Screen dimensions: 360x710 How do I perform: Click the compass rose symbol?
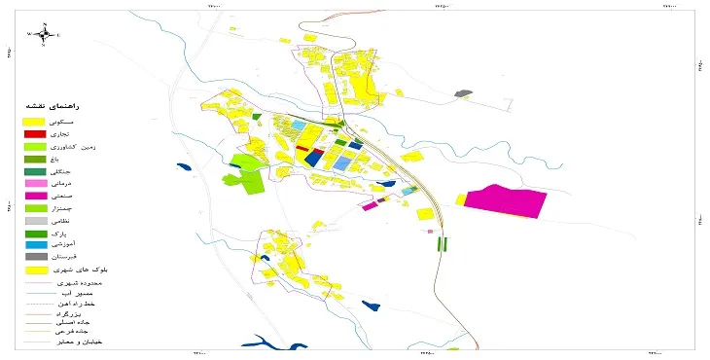pyautogui.click(x=44, y=34)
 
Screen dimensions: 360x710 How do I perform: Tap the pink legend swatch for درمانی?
pyautogui.click(x=35, y=182)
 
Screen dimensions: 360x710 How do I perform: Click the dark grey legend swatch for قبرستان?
pyautogui.click(x=35, y=257)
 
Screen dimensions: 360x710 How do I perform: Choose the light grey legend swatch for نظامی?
pyautogui.click(x=35, y=221)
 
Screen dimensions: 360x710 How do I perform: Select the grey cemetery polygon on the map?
pyautogui.click(x=464, y=93)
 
